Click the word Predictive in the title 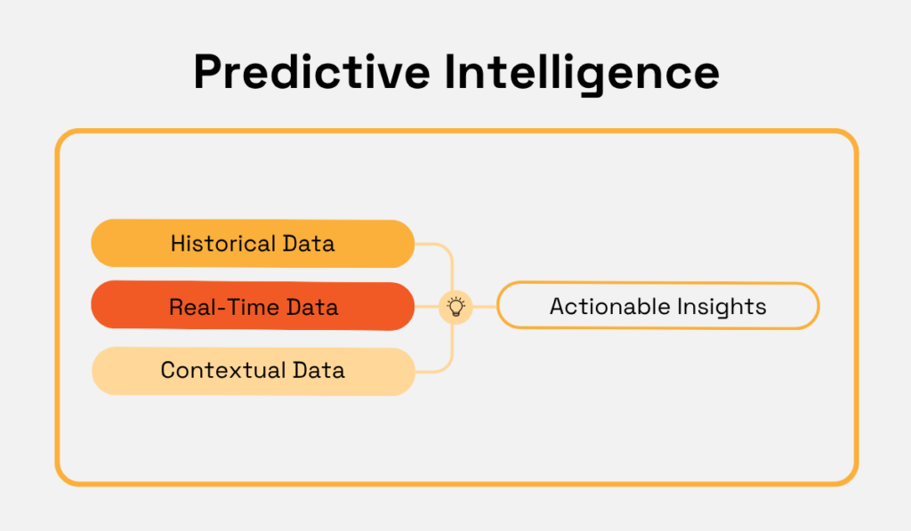pos(311,72)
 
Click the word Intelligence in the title pos(582,75)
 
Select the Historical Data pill pos(253,244)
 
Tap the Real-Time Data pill pos(253,306)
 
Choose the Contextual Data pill pos(254,371)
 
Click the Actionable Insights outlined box pos(657,306)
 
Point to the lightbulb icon pos(456,307)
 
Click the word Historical pos(223,244)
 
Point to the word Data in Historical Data pos(309,244)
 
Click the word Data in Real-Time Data pos(312,307)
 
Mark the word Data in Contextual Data pos(319,370)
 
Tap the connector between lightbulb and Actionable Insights pos(485,306)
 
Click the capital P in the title pos(208,72)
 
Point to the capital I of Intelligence pos(449,72)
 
